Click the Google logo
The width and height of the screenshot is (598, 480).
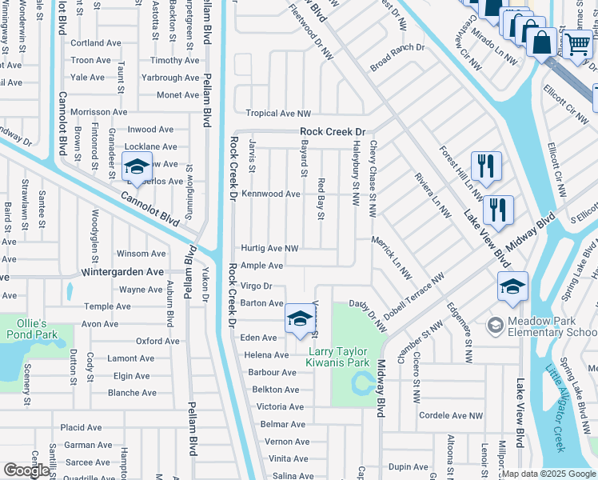(26, 470)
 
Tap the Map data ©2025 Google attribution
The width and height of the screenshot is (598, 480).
(548, 474)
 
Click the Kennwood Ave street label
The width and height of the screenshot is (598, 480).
(271, 194)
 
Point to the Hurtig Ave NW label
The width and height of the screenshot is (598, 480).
(269, 249)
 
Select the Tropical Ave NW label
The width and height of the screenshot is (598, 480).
(277, 114)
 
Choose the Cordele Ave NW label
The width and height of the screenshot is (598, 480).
(451, 415)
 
